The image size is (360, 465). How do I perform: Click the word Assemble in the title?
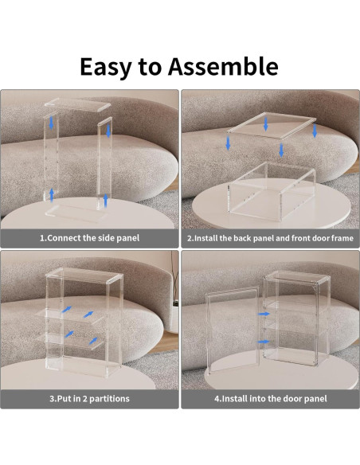[x=223, y=66]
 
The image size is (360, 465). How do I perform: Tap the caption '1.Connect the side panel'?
[x=89, y=238]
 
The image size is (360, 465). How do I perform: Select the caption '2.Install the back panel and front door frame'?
[x=270, y=238]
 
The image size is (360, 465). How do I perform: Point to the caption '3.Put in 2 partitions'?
[x=89, y=398]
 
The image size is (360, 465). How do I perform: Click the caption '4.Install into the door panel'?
[x=271, y=398]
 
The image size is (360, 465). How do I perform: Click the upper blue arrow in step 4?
[x=264, y=314]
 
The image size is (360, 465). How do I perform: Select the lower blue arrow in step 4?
[x=264, y=342]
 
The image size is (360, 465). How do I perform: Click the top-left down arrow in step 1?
[x=51, y=123]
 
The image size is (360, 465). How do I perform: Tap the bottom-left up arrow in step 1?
[x=52, y=195]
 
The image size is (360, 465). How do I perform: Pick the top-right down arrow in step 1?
[x=108, y=131]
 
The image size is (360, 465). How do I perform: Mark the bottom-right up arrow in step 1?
[x=105, y=201]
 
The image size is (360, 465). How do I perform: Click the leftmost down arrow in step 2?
[x=228, y=143]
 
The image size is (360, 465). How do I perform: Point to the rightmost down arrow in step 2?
[x=315, y=131]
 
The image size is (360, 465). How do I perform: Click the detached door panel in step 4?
[x=231, y=328]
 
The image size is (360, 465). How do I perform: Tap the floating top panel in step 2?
[x=272, y=126]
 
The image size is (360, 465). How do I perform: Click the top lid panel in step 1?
[x=78, y=105]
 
